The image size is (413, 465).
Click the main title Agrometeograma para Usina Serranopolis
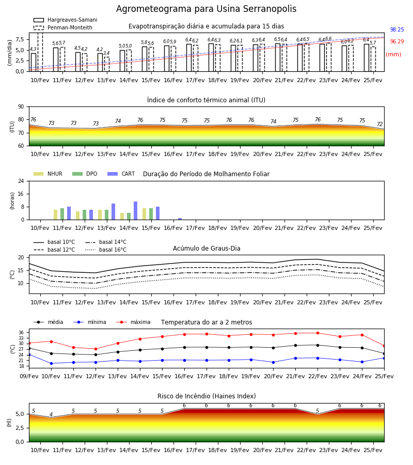(x=206, y=9)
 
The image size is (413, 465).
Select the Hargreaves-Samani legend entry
(x=66, y=20)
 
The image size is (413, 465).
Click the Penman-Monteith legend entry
(x=63, y=27)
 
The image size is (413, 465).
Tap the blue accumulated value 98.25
(x=397, y=29)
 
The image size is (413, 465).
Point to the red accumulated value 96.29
(x=397, y=41)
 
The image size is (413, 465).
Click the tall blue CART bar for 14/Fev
(x=135, y=211)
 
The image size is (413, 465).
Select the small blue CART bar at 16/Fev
(x=180, y=219)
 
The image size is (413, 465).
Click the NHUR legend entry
(x=48, y=174)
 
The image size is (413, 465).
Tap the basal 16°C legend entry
(x=106, y=250)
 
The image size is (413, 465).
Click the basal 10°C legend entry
(x=54, y=242)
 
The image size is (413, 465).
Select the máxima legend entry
(x=133, y=322)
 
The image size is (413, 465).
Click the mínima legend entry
(x=90, y=322)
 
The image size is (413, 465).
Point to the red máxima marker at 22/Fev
(x=317, y=333)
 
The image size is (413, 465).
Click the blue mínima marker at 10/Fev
(x=51, y=363)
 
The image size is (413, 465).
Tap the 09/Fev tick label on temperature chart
(x=29, y=376)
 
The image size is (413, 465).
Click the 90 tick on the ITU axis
(x=21, y=107)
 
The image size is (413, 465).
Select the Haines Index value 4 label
(x=51, y=414)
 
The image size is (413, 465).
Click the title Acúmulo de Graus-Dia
(x=206, y=249)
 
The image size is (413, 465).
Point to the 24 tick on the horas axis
(x=21, y=181)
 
